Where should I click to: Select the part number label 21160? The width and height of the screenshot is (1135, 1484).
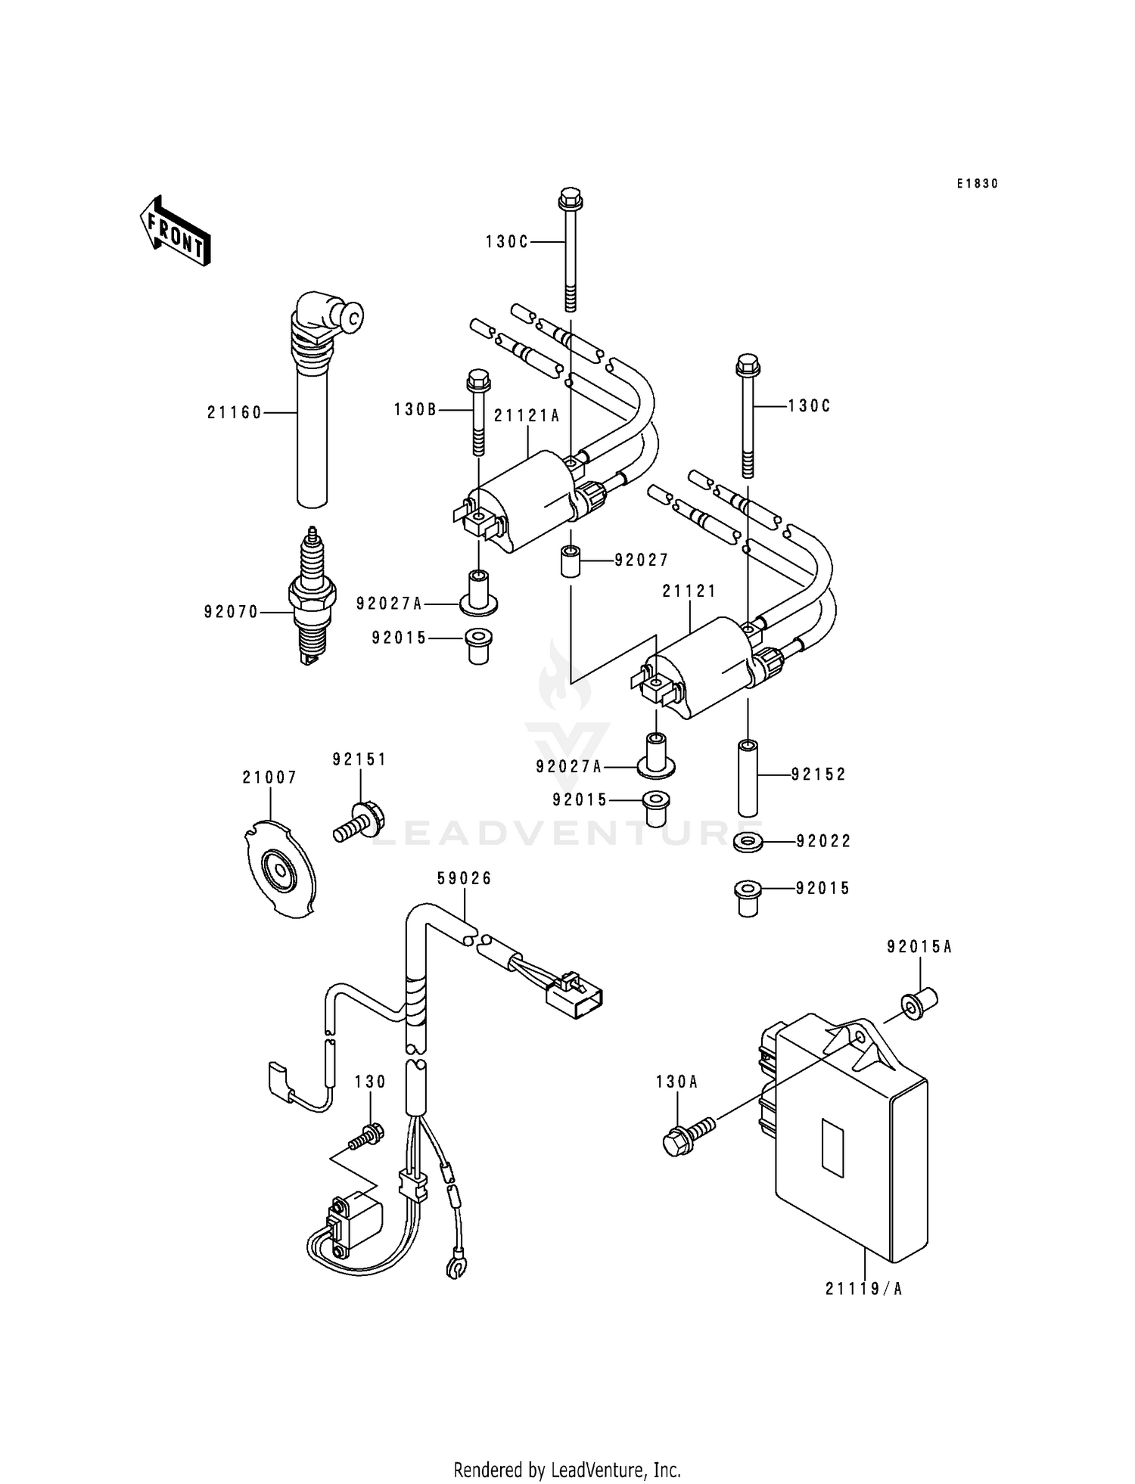click(234, 413)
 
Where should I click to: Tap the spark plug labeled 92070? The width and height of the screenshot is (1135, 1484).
click(312, 598)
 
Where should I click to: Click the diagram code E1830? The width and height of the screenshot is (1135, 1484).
click(977, 184)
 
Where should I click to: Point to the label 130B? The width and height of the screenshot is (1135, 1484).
click(415, 410)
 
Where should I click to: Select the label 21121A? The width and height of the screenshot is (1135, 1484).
click(527, 416)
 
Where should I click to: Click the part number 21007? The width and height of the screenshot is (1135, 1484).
click(269, 778)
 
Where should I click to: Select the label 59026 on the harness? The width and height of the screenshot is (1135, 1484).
click(464, 878)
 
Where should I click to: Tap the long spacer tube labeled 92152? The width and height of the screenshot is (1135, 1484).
click(748, 779)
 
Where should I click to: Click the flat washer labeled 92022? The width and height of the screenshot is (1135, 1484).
click(748, 841)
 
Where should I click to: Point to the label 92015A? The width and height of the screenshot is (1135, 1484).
click(919, 946)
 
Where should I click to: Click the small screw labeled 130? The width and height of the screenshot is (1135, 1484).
click(366, 1135)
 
